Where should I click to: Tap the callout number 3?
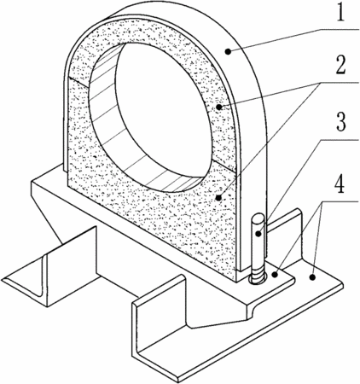coord(340,121)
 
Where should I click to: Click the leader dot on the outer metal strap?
coord(228,51)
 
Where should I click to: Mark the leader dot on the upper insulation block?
coord(218,107)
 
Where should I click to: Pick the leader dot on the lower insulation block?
coord(218,197)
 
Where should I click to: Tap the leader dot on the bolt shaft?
coord(258,234)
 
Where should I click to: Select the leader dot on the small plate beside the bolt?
coord(275,275)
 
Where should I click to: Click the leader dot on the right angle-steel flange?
coord(312,276)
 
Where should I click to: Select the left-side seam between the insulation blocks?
coord(80,81)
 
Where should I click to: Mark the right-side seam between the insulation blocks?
coord(224,166)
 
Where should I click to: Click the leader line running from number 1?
coord(293,40)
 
